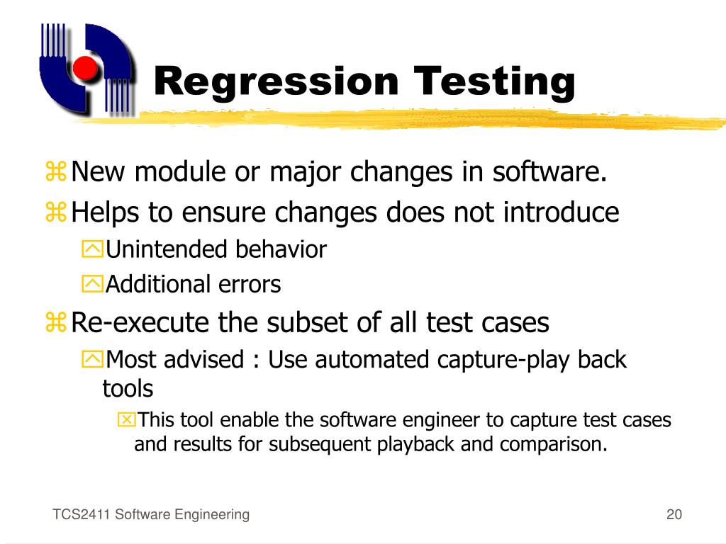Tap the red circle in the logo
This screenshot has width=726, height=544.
coord(85,67)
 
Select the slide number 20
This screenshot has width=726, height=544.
coord(674,515)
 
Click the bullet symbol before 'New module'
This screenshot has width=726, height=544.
coord(55,172)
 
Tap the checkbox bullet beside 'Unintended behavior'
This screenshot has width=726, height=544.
coord(92,249)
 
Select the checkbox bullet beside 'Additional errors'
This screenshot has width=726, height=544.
coord(92,285)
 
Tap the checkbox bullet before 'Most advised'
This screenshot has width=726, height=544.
coord(92,360)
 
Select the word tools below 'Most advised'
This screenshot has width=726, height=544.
coord(128,388)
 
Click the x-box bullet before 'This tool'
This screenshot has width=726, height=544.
coord(125,421)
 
